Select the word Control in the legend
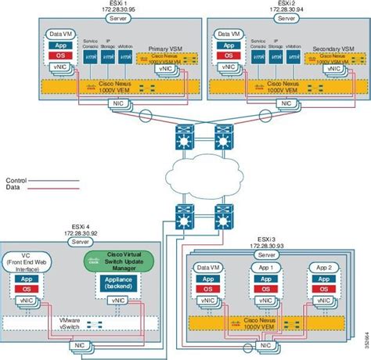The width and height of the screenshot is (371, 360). click(18, 180)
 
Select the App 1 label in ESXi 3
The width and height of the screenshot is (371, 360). click(266, 267)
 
